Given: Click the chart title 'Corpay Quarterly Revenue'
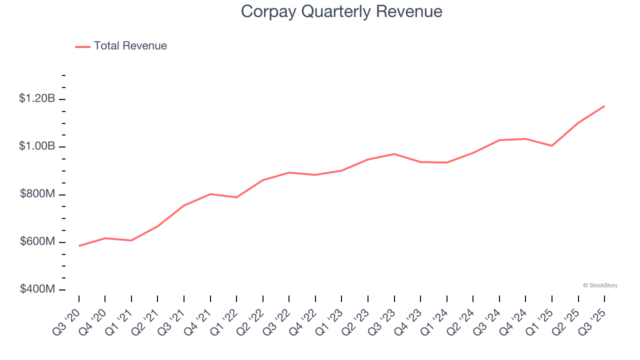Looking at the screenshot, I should click(x=341, y=11).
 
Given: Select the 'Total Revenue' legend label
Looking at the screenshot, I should click(x=130, y=46).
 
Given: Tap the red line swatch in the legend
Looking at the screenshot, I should click(x=82, y=46).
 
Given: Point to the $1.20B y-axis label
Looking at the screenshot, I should click(x=37, y=98).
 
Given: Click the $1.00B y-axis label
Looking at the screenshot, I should click(x=37, y=146).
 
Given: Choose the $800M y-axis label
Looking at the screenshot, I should click(x=37, y=194).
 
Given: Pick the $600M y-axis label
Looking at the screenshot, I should click(x=37, y=241).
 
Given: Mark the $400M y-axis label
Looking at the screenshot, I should click(x=37, y=289).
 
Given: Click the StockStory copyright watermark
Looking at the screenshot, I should click(x=600, y=285).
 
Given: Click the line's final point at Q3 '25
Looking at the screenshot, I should click(x=604, y=106).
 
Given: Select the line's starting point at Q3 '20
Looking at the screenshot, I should click(x=79, y=246).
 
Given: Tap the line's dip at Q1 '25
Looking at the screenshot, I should click(x=552, y=146).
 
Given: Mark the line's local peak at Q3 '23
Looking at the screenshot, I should click(x=394, y=154).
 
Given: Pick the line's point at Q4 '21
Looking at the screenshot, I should click(x=210, y=194).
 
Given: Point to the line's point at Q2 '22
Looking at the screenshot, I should click(x=263, y=180).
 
